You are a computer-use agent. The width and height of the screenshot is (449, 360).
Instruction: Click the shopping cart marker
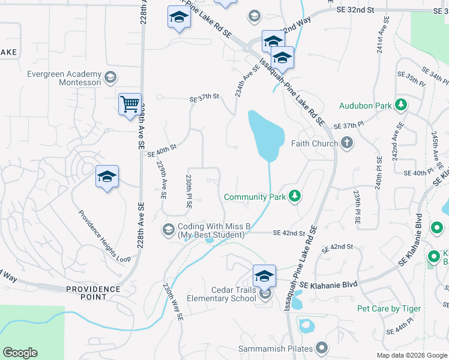130,105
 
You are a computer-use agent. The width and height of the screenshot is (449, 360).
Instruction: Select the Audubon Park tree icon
401,106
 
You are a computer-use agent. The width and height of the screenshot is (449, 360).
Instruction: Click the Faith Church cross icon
346,143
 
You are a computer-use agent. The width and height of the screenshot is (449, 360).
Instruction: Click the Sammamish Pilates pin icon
322,348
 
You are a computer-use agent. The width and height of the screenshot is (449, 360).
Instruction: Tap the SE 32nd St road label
355,11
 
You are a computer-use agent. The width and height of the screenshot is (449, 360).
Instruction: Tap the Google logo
20,353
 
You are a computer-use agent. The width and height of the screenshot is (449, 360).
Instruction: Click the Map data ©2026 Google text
411,355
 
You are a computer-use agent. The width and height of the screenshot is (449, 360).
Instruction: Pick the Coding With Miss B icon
169,230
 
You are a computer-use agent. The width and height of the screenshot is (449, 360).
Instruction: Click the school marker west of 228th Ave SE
107,177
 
